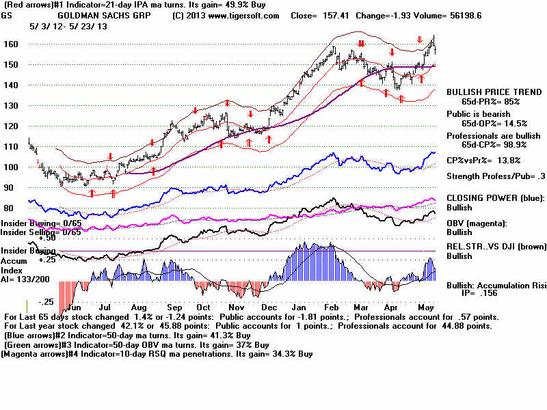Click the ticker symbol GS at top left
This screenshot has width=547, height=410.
[x=8, y=15]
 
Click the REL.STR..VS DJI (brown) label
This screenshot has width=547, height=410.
[x=495, y=247]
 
